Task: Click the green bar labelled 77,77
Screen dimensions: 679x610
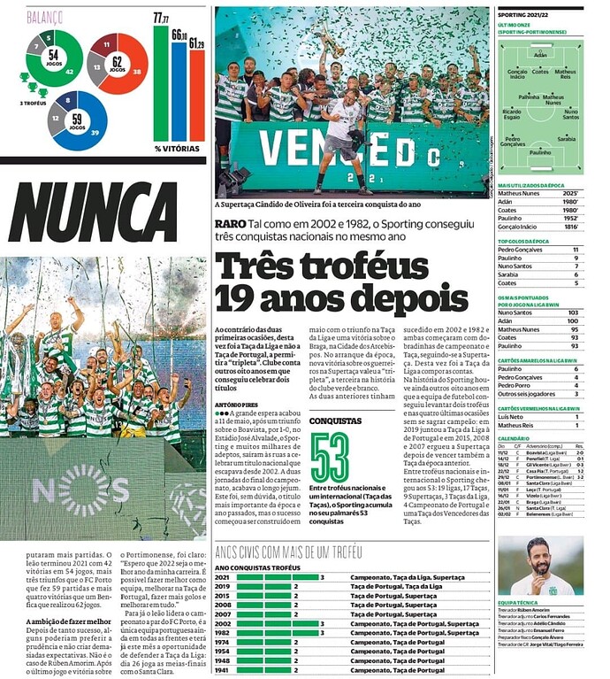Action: point(160,84)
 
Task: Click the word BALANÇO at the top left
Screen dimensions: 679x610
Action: point(44,17)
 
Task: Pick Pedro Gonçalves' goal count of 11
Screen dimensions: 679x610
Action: point(576,250)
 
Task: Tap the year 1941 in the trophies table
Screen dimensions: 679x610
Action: point(223,670)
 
